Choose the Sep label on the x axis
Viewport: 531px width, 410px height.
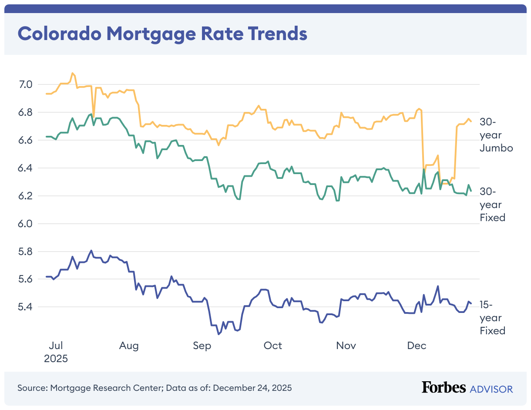pyautogui.click(x=202, y=346)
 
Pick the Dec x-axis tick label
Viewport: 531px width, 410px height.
pyautogui.click(x=417, y=346)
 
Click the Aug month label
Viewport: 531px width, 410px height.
pyautogui.click(x=129, y=346)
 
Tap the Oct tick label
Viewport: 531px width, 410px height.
pyautogui.click(x=273, y=346)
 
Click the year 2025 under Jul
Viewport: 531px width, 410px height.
pyautogui.click(x=56, y=359)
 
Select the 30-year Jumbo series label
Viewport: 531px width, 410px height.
pyautogui.click(x=496, y=135)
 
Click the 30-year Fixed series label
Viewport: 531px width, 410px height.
pyautogui.click(x=492, y=205)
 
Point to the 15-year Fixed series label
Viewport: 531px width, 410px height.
pyautogui.click(x=492, y=318)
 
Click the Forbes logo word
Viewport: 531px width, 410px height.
pyautogui.click(x=444, y=388)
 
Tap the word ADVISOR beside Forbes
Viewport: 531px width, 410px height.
pyautogui.click(x=491, y=389)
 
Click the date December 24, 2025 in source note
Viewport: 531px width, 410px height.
pyautogui.click(x=252, y=388)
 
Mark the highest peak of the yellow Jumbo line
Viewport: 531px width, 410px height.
pyautogui.click(x=72, y=73)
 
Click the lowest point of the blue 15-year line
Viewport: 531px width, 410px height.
pyautogui.click(x=218, y=334)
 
